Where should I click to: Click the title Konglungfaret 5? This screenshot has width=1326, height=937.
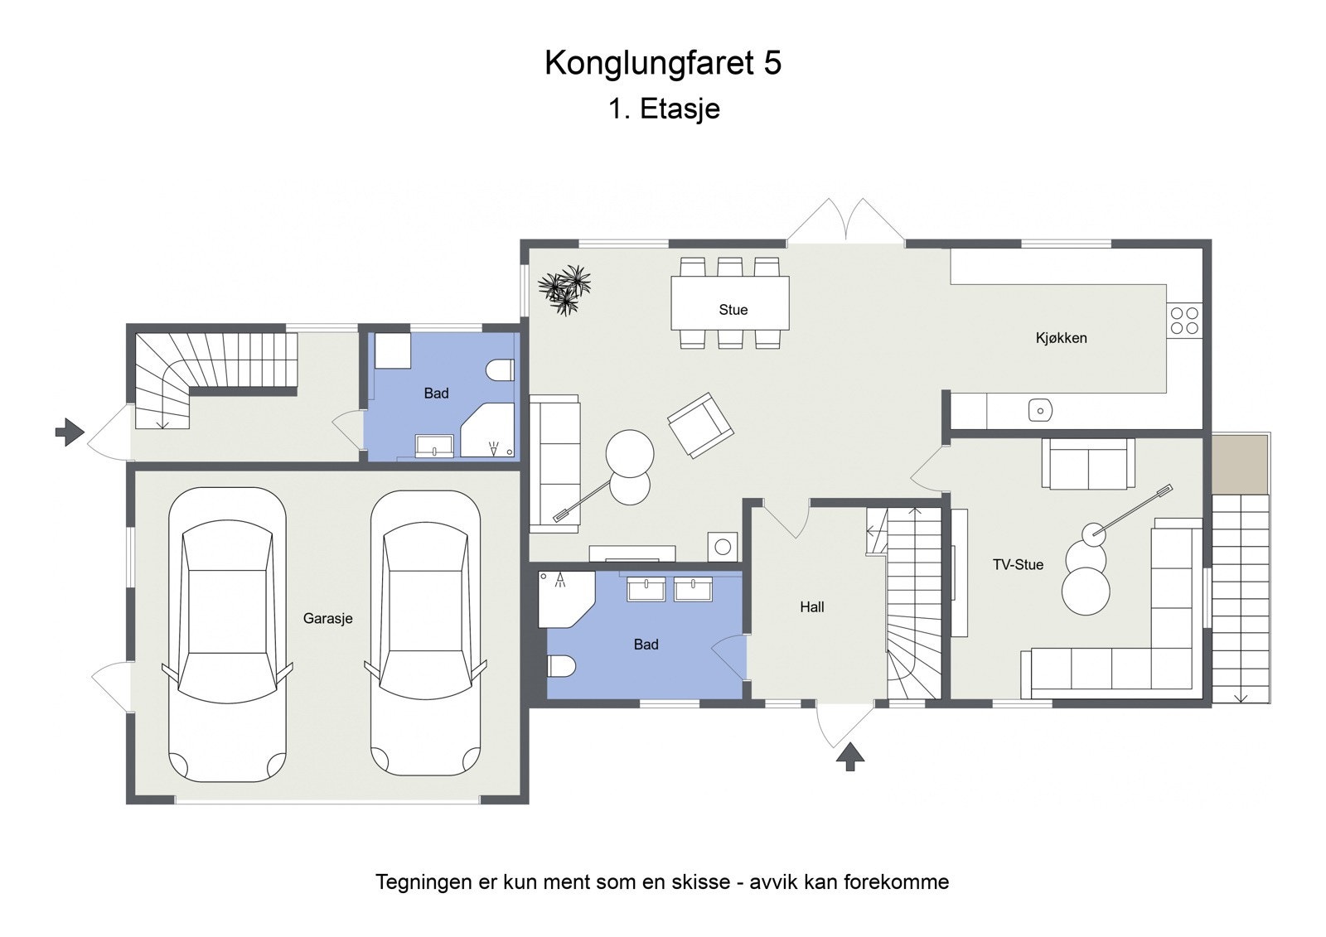click(x=662, y=63)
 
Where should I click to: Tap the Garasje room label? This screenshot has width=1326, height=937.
click(x=327, y=618)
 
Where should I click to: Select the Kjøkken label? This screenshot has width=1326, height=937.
click(x=1061, y=338)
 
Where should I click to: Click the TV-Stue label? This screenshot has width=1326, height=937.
click(x=1018, y=565)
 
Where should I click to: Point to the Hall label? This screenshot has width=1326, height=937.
click(x=811, y=607)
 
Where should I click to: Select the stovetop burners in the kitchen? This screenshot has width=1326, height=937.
click(x=1183, y=321)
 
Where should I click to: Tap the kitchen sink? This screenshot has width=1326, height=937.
click(x=1040, y=410)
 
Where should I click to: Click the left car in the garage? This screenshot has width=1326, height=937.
click(x=227, y=634)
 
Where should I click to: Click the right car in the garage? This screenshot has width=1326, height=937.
click(x=425, y=634)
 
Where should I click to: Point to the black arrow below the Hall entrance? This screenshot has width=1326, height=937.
click(x=849, y=756)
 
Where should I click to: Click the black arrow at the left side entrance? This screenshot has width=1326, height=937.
click(x=70, y=432)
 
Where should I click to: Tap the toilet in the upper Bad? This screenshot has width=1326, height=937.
click(x=501, y=369)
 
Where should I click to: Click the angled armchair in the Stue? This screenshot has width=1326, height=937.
click(x=700, y=425)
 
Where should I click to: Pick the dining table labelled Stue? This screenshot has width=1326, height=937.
click(x=729, y=302)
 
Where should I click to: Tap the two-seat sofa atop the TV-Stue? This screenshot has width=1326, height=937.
click(x=1087, y=464)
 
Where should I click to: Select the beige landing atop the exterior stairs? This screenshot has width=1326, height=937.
click(x=1240, y=464)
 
